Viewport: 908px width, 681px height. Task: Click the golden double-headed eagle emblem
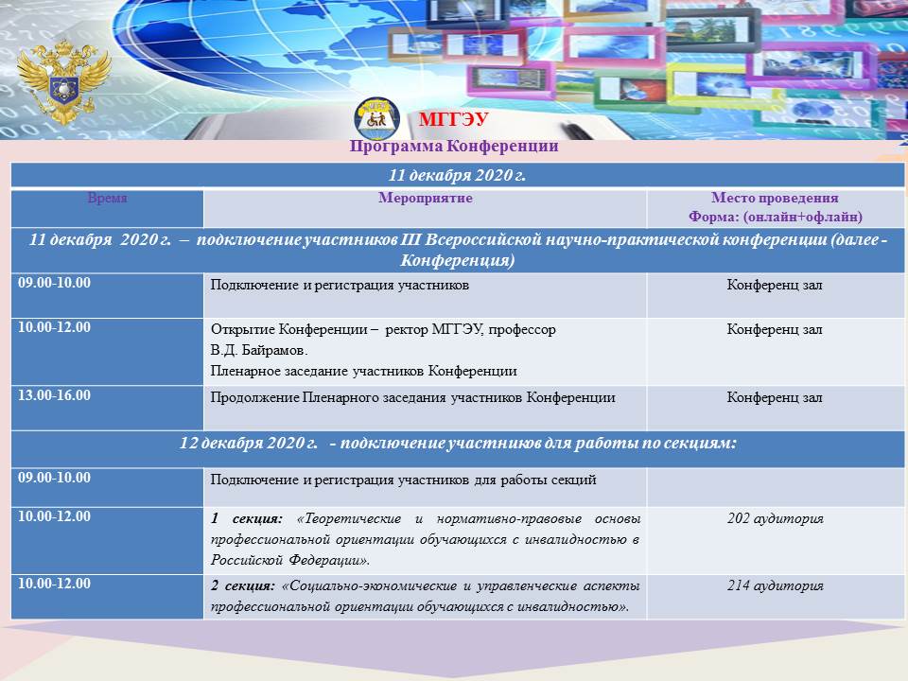[63, 81]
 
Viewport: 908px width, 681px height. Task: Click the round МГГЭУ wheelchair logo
[377, 119]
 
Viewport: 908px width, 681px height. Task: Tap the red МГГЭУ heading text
[453, 119]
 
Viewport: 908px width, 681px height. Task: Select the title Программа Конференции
[454, 146]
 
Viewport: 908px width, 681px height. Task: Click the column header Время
[107, 198]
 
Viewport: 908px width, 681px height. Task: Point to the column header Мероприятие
[426, 198]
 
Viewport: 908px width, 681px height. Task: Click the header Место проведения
[775, 198]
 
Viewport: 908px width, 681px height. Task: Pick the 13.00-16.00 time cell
[55, 395]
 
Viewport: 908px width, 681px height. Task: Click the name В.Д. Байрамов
[259, 350]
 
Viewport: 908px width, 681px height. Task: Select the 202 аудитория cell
[775, 519]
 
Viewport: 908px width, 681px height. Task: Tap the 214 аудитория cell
[775, 586]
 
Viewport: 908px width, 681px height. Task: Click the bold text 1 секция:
[247, 519]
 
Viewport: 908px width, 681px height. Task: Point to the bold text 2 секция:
[243, 586]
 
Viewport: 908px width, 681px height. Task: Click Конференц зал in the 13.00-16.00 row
[775, 398]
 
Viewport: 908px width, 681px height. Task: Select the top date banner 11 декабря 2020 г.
[457, 175]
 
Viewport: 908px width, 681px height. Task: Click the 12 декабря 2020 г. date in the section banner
[249, 444]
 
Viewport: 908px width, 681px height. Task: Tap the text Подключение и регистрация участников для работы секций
[404, 480]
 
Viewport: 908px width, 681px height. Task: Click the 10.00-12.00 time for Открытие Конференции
[55, 327]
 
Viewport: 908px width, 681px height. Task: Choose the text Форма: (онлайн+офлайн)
[776, 218]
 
